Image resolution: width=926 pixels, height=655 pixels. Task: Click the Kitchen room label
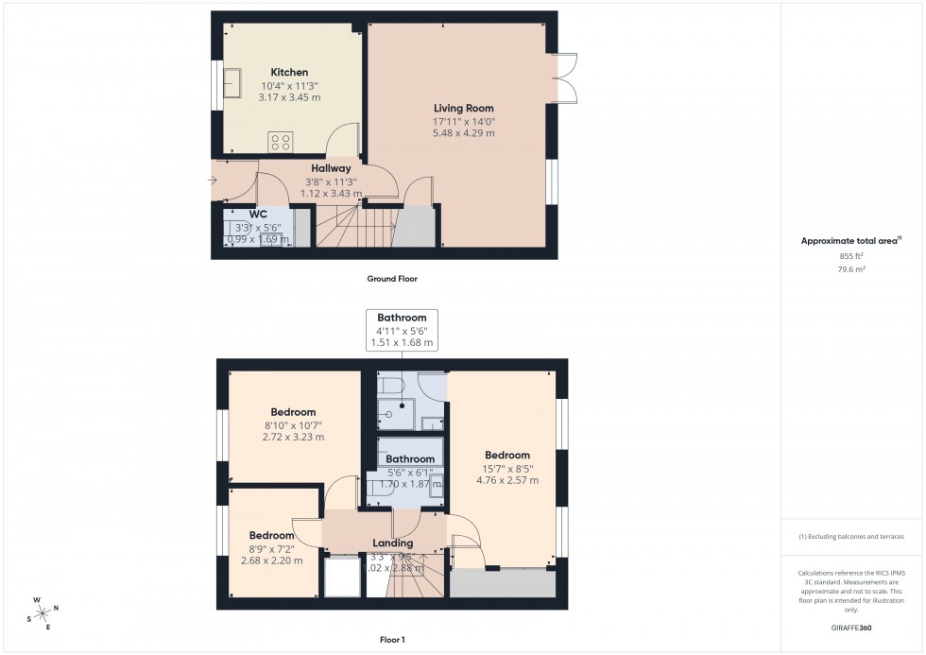(x=289, y=73)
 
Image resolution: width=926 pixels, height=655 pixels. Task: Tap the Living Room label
(x=463, y=109)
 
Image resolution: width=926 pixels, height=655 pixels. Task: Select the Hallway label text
(x=331, y=168)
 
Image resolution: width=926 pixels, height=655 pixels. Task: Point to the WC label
(x=258, y=214)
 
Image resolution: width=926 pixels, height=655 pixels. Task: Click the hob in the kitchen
(x=281, y=142)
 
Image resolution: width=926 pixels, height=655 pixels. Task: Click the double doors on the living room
(x=566, y=76)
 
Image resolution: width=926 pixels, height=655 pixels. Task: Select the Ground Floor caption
(x=392, y=279)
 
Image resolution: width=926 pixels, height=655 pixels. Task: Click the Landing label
(x=392, y=543)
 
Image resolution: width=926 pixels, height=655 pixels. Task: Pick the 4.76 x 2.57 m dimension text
(x=507, y=480)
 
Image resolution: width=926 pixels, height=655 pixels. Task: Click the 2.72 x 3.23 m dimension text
(x=293, y=438)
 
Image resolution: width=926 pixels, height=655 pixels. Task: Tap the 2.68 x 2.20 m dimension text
(x=271, y=560)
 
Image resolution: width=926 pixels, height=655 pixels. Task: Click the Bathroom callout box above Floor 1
(x=402, y=331)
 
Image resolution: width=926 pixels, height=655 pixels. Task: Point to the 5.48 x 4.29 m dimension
(x=463, y=133)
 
